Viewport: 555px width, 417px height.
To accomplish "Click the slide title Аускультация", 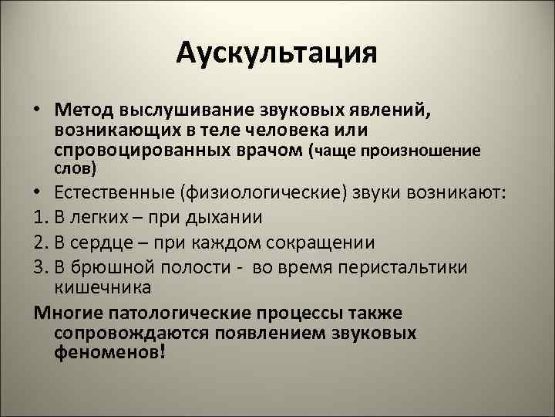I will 277,53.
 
